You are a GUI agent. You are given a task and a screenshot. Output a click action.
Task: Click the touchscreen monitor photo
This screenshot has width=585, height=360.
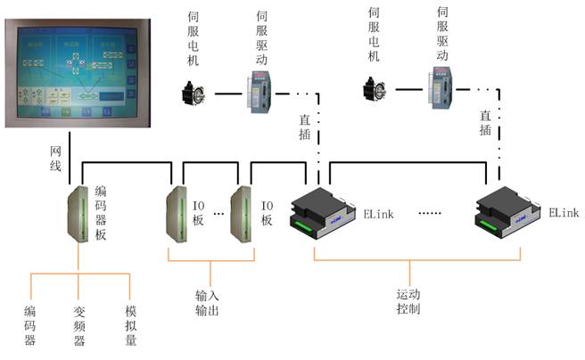tap(76, 73)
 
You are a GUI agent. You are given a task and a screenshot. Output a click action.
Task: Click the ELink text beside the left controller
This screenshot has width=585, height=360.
tap(376, 213)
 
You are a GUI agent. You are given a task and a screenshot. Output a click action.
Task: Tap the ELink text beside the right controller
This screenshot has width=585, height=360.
tap(564, 213)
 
